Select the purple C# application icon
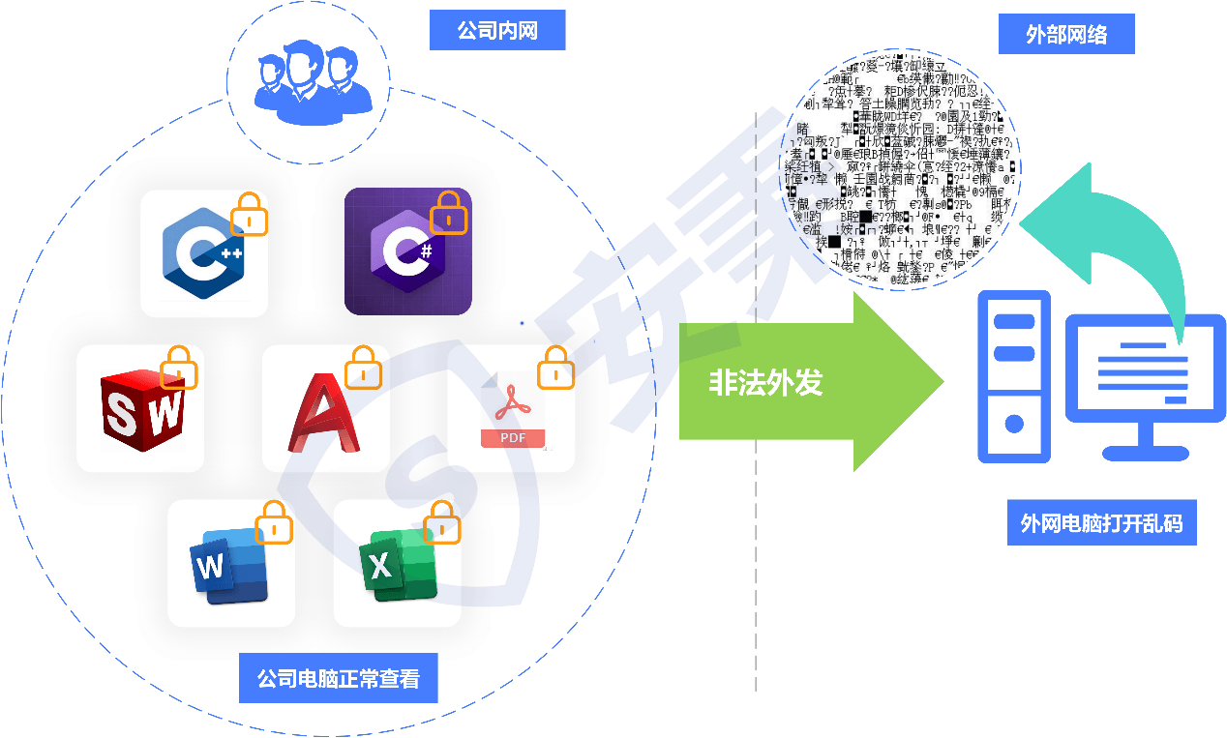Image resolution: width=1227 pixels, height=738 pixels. (407, 251)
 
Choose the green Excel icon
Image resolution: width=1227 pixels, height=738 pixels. (397, 565)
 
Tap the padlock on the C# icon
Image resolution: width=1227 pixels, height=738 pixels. (448, 214)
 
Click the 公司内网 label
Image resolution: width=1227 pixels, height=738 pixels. (496, 32)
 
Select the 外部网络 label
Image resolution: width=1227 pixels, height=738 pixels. (1066, 36)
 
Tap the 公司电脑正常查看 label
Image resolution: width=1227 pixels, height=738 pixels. (338, 679)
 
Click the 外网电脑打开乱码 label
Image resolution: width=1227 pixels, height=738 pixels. (1101, 523)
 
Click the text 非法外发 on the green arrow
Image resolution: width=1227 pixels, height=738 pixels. (765, 383)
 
